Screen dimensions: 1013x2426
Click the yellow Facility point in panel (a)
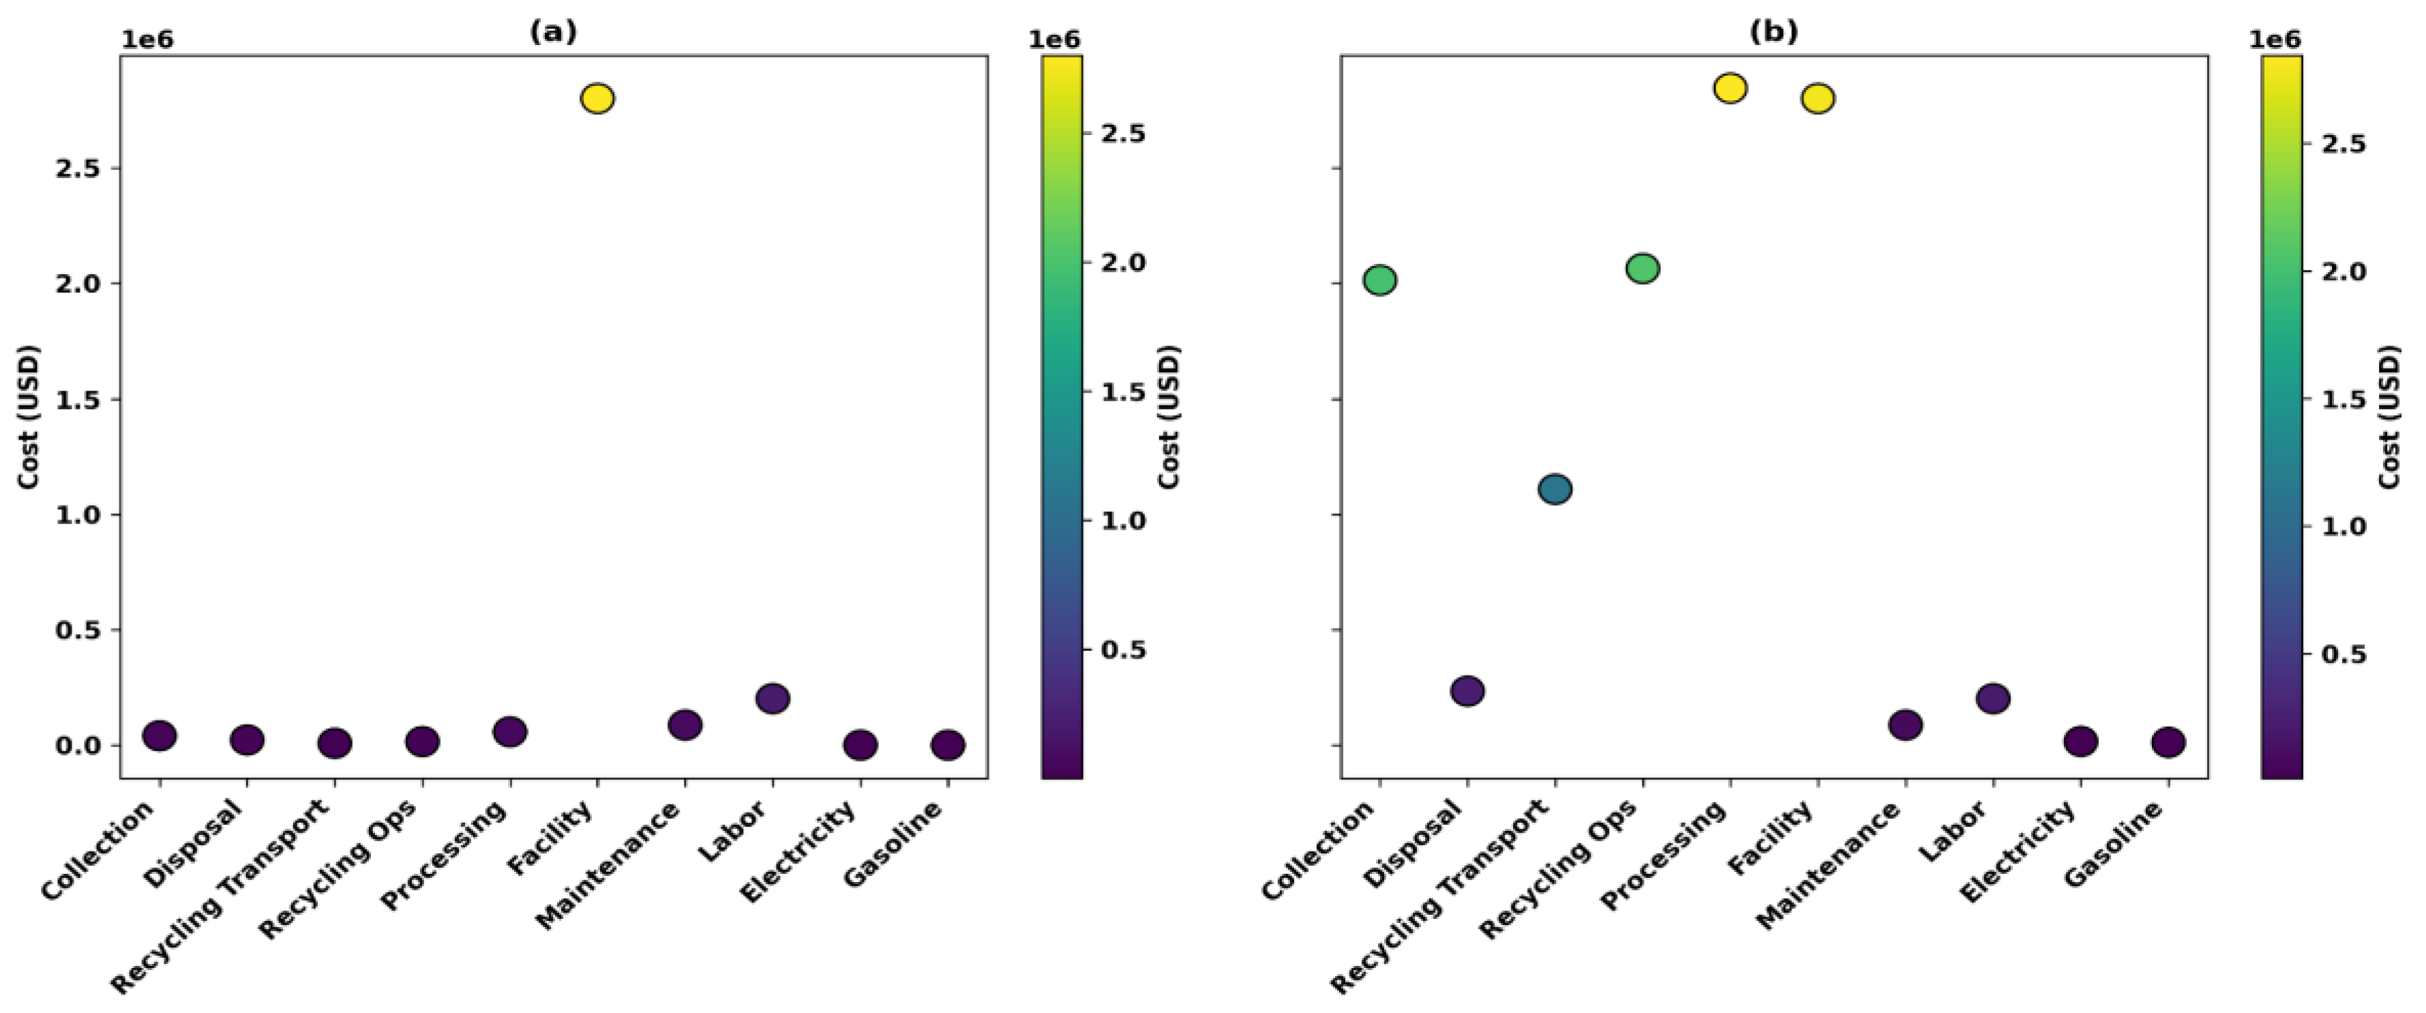click(x=597, y=98)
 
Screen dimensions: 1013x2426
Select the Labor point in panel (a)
click(x=773, y=699)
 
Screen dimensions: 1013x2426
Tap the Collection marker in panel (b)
click(x=1379, y=279)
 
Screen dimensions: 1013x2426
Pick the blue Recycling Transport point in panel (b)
click(x=1555, y=489)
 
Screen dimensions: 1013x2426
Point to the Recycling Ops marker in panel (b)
click(x=1643, y=269)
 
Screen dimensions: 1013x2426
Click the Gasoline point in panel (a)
click(x=947, y=744)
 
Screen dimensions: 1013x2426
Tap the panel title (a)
click(x=553, y=32)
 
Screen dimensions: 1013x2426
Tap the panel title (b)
click(x=1773, y=32)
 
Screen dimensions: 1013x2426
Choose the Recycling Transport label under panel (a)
click(x=222, y=896)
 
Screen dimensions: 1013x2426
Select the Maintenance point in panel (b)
click(x=1905, y=725)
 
